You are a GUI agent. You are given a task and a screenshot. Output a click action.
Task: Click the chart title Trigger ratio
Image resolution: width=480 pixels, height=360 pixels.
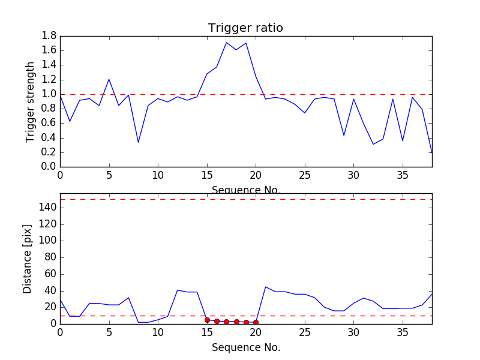pos(245,28)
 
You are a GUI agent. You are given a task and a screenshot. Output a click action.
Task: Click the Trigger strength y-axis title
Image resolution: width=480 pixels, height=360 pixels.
pos(31,101)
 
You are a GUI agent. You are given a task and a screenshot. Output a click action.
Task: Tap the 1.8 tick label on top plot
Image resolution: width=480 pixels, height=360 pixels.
pos(49,36)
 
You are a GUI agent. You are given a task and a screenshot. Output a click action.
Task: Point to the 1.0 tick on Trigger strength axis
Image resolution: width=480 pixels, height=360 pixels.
pos(49,94)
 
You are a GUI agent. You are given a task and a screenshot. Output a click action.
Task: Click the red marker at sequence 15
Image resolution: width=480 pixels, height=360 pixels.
pos(207,320)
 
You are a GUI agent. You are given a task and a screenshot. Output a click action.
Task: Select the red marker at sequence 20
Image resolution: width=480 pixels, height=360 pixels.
pos(256,322)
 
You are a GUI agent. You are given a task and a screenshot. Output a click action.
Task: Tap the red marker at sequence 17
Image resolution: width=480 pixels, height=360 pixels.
pos(226,322)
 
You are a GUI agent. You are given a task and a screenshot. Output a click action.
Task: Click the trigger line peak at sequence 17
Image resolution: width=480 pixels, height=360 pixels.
pos(226,43)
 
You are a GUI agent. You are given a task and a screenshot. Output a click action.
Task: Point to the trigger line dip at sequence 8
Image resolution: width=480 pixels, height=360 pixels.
pos(138,142)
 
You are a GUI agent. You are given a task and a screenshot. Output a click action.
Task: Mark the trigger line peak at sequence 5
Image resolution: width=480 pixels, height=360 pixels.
pos(109,79)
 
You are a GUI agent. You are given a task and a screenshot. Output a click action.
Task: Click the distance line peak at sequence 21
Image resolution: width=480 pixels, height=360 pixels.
pos(266,287)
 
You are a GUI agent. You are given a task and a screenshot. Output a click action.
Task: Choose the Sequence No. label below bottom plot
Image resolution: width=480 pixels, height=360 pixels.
pos(245,347)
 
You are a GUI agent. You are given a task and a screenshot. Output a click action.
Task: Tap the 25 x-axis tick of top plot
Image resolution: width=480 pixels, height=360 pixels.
pos(305,176)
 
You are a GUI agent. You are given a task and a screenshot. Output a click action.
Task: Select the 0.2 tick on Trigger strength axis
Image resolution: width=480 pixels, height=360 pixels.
pos(49,152)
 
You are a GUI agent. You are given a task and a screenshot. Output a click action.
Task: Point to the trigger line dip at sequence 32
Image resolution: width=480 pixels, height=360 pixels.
pos(373,144)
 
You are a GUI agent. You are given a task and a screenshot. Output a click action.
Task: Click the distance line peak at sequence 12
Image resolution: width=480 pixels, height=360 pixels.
pos(178,290)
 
